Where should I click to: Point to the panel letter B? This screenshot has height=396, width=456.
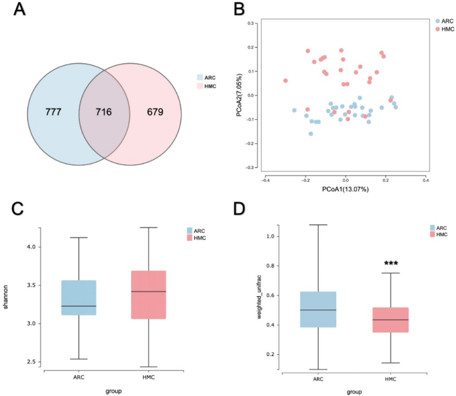pos(236,11)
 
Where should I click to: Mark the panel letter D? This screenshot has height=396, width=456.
pos(238,208)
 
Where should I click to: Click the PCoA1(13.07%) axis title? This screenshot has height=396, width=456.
pos(345,189)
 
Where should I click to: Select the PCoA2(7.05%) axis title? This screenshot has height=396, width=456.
pos(238,95)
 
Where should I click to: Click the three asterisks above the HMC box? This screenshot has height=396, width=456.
pos(391,264)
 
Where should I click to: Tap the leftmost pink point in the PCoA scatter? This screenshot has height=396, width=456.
pos(286,81)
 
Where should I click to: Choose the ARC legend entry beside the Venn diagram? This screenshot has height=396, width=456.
pos(209,77)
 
